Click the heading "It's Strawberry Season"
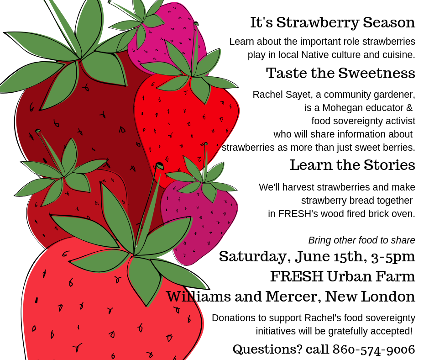pos(332,22)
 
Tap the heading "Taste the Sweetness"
pos(340,73)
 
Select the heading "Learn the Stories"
pos(352,165)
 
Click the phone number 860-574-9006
pos(374,349)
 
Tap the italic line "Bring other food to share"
pos(361,240)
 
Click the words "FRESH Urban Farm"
pos(342,276)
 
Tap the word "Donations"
pos(233,318)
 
